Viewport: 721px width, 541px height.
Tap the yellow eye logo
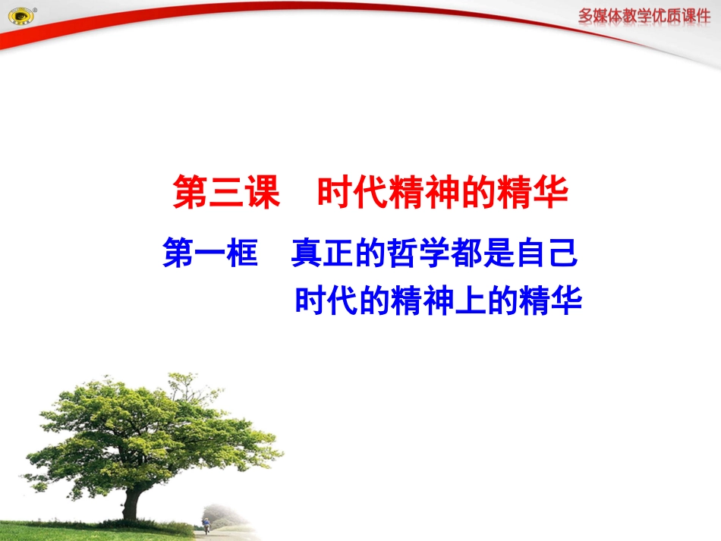[x=19, y=17]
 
